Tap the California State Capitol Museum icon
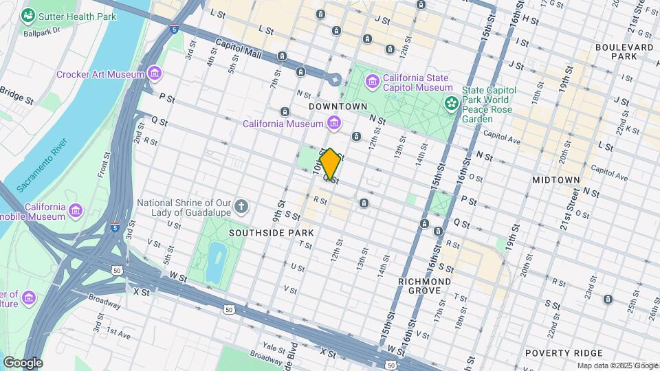pyautogui.click(x=373, y=82)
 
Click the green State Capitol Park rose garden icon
pyautogui.click(x=452, y=104)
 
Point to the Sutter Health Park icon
pyautogui.click(x=28, y=15)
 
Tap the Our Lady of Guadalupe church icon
pyautogui.click(x=241, y=206)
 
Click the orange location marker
pyautogui.click(x=330, y=164)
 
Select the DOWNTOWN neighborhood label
pyautogui.click(x=338, y=107)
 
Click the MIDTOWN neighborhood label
pyautogui.click(x=556, y=179)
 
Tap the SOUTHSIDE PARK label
pyautogui.click(x=272, y=233)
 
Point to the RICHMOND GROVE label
pyautogui.click(x=425, y=286)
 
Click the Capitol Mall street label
pyautogui.click(x=236, y=46)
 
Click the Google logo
pyautogui.click(x=23, y=363)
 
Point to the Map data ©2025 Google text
pyautogui.click(x=617, y=366)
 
